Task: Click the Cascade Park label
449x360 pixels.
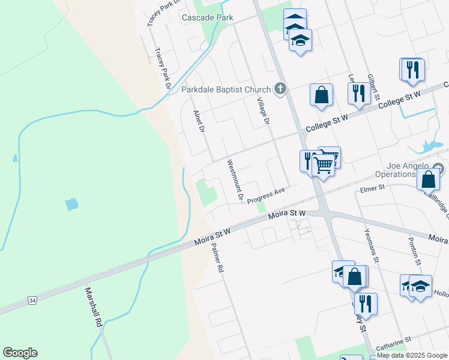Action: pos(207,18)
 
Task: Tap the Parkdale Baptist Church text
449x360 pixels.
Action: pos(226,90)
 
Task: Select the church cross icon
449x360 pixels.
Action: pos(280,89)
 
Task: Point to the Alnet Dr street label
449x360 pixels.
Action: pos(199,122)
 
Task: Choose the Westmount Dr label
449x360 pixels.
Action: pos(234,179)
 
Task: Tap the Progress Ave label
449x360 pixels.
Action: pos(265,195)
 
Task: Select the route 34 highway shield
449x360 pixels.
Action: pos(32,299)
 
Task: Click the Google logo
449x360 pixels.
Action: pos(20,353)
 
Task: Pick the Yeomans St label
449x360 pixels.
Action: pos(372,245)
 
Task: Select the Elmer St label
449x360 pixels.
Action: pos(372,188)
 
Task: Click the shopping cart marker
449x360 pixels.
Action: pos(324,165)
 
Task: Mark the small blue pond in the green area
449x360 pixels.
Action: pos(71,204)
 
